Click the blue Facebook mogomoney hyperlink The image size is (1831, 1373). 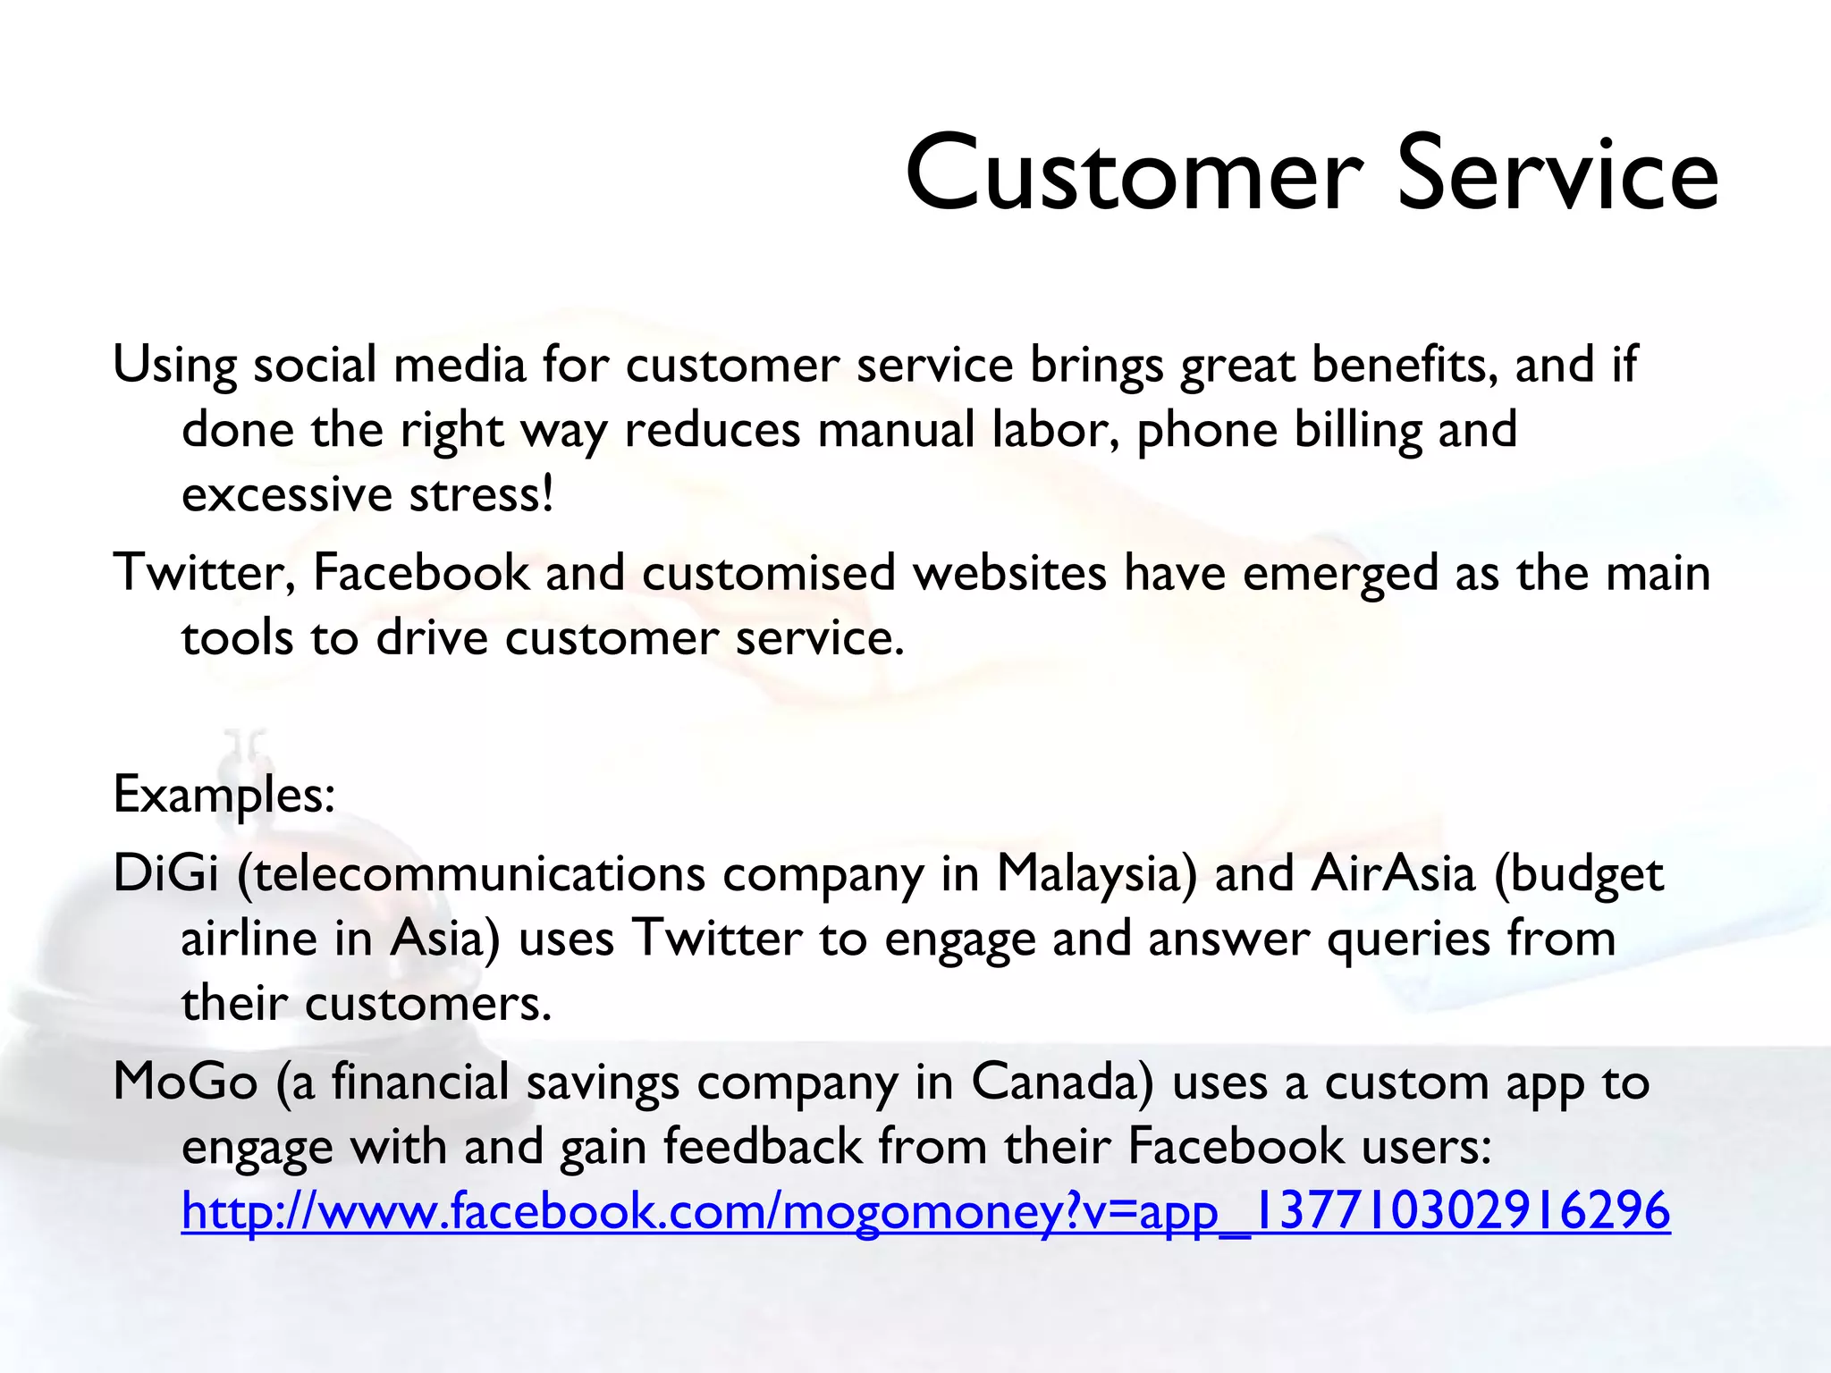[x=925, y=1211]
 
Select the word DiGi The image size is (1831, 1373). [x=165, y=873]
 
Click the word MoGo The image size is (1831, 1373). [x=186, y=1082]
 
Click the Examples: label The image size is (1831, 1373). [x=224, y=794]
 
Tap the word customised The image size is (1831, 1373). [x=768, y=573]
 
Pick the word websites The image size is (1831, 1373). [x=1009, y=573]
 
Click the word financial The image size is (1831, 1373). [x=420, y=1082]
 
